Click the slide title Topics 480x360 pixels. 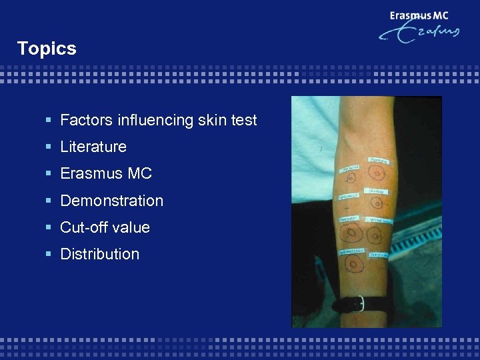47,49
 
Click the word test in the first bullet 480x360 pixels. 243,121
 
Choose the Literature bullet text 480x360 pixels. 93,147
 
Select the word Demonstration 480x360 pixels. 111,201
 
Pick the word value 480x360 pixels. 131,227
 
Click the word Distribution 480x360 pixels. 99,254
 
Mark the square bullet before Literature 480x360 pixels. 48,147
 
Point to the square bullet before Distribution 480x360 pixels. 48,254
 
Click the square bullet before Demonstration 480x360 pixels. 48,201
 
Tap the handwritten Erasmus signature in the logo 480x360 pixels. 420,34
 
